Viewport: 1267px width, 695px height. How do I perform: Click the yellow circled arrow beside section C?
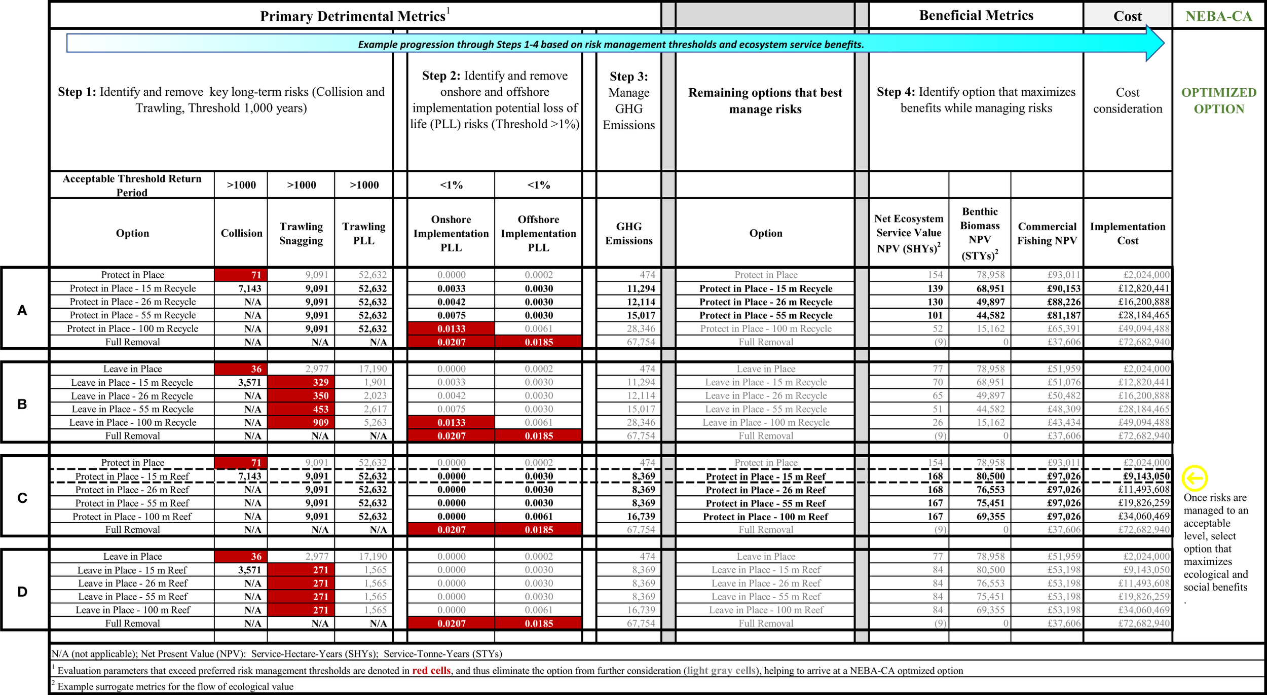(x=1195, y=478)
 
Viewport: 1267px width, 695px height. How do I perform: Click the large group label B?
(x=22, y=404)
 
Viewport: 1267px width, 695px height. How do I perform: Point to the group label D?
(x=22, y=592)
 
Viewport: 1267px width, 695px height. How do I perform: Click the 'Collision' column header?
(x=241, y=233)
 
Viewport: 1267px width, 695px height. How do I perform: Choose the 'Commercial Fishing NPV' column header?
(x=1047, y=233)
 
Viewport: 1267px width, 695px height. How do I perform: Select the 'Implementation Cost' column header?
(x=1128, y=233)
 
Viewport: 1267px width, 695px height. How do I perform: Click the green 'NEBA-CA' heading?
(x=1218, y=16)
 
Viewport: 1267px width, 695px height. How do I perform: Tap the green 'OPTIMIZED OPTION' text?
(x=1218, y=100)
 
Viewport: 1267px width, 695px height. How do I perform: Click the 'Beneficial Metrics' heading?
(x=976, y=15)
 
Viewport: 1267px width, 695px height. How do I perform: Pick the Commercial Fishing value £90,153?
(x=1064, y=288)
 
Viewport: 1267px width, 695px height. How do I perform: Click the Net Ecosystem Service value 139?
(x=935, y=288)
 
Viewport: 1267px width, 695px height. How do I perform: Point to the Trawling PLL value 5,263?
(x=372, y=422)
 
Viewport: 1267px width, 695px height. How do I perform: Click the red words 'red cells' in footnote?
(x=431, y=671)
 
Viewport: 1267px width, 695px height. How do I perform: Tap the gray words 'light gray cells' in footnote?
(x=722, y=671)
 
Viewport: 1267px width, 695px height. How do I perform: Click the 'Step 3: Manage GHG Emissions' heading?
(x=628, y=100)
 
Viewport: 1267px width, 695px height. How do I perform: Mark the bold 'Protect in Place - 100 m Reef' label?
(x=765, y=517)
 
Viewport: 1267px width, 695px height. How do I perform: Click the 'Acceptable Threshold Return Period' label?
(x=132, y=185)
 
